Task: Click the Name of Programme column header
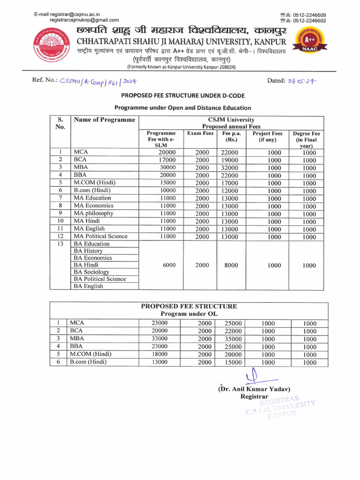coord(104,120)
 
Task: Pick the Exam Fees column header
coord(200,134)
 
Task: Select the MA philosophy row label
coord(93,213)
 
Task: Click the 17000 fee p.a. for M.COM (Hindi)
coord(230,183)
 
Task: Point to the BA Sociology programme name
coord(91,272)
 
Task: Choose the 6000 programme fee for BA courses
coord(169,265)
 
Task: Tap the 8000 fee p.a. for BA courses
coord(231,265)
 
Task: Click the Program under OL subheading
coord(189,314)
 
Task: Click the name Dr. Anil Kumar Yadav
coord(255,389)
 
